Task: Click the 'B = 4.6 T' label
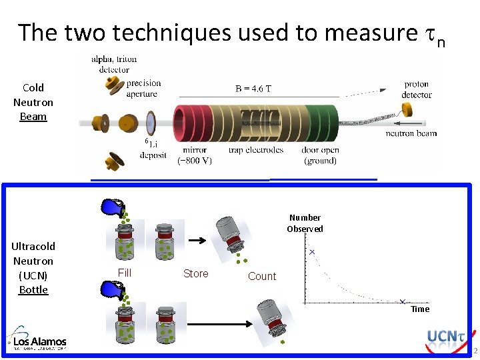253,88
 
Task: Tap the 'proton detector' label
417,89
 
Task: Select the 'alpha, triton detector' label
114,64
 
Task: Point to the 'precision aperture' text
143,88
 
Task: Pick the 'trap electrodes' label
255,150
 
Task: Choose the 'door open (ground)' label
321,155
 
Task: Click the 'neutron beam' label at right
411,133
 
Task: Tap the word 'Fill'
125,272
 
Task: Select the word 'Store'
195,273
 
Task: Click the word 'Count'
261,276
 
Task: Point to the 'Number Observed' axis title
305,223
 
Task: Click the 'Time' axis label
420,309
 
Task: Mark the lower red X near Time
403,302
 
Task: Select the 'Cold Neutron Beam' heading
33,102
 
